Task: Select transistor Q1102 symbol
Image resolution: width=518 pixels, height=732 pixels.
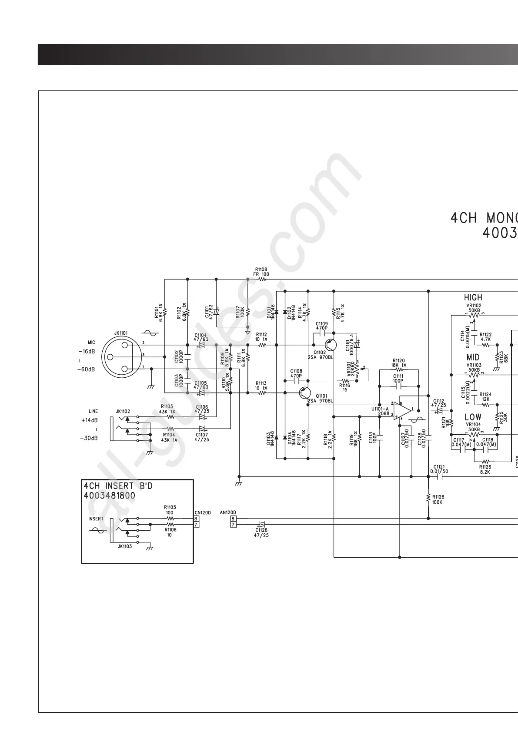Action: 331,346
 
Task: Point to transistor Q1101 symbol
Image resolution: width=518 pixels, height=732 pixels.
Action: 305,393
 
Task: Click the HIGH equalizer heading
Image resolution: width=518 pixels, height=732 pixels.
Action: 473,298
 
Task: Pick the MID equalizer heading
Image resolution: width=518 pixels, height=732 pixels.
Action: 473,357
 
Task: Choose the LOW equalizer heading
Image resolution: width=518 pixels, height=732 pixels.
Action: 473,417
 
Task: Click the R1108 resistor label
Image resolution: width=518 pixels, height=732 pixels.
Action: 261,270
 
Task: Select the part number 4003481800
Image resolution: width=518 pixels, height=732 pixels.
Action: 109,496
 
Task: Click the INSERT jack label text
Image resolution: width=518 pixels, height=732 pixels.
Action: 96,519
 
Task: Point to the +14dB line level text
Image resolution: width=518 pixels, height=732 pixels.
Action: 89,420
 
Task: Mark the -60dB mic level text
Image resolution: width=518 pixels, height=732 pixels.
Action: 87,369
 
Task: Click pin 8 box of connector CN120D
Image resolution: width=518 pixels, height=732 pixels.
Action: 196,518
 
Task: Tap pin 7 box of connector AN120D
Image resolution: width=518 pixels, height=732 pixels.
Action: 234,525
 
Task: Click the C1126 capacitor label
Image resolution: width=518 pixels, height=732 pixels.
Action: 261,530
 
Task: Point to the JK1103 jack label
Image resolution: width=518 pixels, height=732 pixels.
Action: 125,546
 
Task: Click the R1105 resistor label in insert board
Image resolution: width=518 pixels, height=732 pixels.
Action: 170,507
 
